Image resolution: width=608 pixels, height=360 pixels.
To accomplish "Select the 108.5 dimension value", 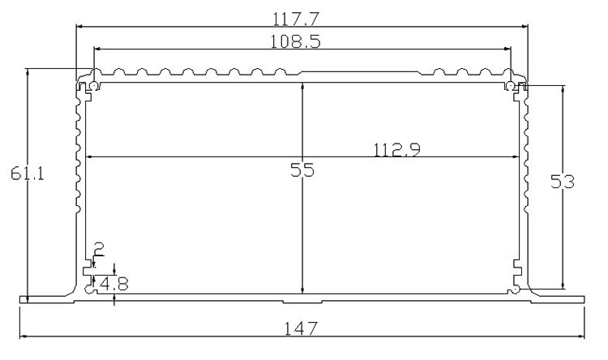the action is pos(295,41).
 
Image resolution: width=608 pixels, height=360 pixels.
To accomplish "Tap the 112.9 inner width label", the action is pos(396,150).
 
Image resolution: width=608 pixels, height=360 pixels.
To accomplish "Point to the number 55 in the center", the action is pos(302,170).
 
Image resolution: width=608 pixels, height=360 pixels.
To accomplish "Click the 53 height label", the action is pos(563,182).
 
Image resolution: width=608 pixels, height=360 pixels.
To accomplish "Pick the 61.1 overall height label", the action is pos(27,174).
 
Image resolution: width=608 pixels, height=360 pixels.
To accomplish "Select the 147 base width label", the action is pos(301,329).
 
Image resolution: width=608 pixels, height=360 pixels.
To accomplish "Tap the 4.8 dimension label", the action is pos(113,284).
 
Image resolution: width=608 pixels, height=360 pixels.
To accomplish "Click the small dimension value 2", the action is pos(99,250).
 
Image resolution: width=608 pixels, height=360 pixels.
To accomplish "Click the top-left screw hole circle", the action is pos(94,86).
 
